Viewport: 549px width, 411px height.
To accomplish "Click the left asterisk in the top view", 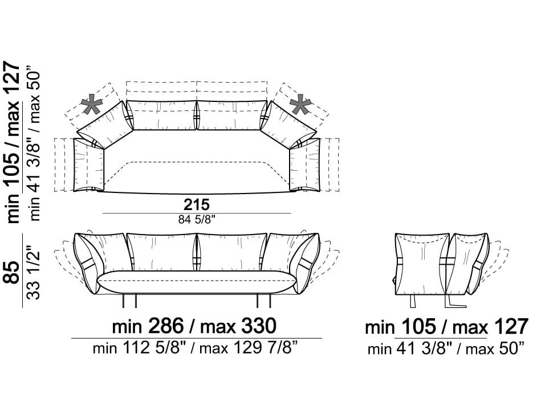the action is coord(92,105).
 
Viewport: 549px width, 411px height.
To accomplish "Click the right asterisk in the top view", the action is coord(300,105).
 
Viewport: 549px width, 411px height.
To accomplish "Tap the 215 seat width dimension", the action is coord(197,204).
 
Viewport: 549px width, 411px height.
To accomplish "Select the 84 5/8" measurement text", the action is coord(197,220).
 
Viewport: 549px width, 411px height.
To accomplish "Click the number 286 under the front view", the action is coord(166,326).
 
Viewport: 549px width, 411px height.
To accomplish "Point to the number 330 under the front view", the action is coord(259,326).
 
